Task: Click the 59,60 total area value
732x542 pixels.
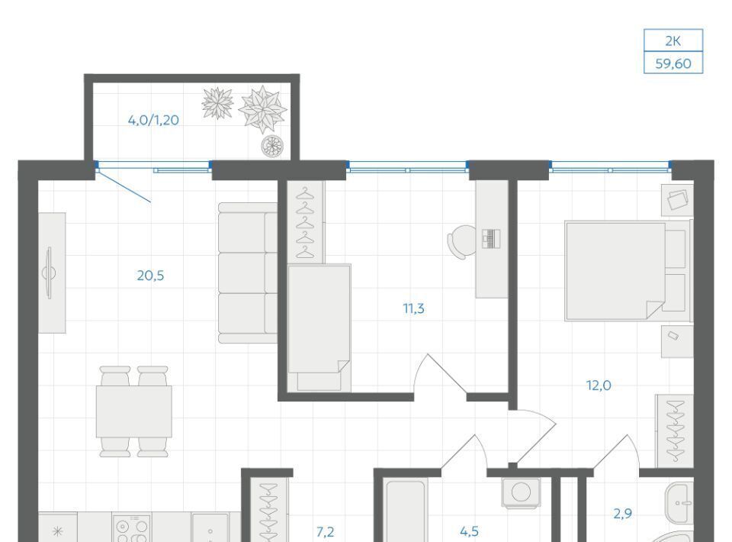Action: pyautogui.click(x=673, y=63)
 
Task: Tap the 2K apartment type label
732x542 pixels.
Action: pyautogui.click(x=673, y=41)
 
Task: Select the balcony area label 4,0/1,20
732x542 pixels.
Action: pyautogui.click(x=153, y=120)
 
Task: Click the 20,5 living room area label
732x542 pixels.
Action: pyautogui.click(x=150, y=276)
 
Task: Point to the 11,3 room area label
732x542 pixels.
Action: pyautogui.click(x=413, y=308)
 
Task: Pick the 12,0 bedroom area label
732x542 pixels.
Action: pyautogui.click(x=599, y=386)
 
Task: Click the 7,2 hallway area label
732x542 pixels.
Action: pyautogui.click(x=325, y=532)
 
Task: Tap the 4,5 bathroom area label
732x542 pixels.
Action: pyautogui.click(x=469, y=531)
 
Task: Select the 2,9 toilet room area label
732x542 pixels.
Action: pyautogui.click(x=623, y=514)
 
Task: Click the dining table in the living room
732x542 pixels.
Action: pyautogui.click(x=134, y=411)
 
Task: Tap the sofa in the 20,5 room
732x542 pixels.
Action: pyautogui.click(x=248, y=273)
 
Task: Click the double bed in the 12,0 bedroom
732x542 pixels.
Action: pyautogui.click(x=628, y=271)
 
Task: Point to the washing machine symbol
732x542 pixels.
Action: pyautogui.click(x=521, y=492)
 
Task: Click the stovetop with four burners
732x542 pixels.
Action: pyautogui.click(x=132, y=528)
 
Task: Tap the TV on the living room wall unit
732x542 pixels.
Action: pyautogui.click(x=49, y=273)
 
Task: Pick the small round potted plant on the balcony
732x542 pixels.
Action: pyautogui.click(x=272, y=145)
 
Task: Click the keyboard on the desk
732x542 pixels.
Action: pyautogui.click(x=490, y=239)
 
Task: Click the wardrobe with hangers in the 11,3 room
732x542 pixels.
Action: pyautogui.click(x=305, y=223)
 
